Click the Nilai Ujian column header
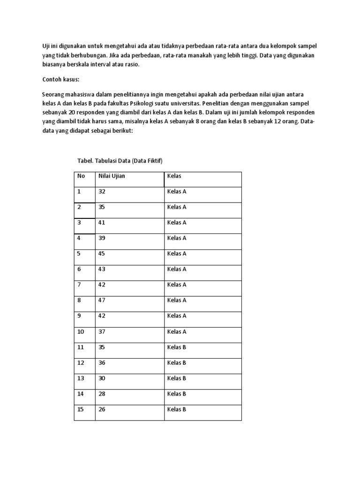tap(112, 176)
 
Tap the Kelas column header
tap(174, 176)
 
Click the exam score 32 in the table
tap(102, 191)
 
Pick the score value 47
tap(102, 300)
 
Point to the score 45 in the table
tap(102, 254)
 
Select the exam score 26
tap(102, 409)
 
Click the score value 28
tap(102, 394)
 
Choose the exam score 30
tap(102, 378)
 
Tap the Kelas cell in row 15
tap(177, 409)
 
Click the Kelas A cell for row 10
tap(177, 332)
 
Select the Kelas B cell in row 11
tap(177, 347)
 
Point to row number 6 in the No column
tap(79, 269)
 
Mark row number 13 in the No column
tap(81, 378)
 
